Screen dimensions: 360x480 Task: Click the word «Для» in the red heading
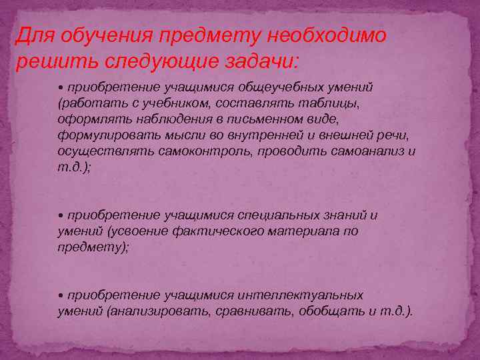(x=33, y=35)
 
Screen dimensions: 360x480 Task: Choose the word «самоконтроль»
(x=201, y=151)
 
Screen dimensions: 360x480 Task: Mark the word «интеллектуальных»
(x=300, y=295)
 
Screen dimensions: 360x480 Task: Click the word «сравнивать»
(x=255, y=311)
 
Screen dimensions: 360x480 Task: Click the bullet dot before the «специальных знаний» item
(x=61, y=216)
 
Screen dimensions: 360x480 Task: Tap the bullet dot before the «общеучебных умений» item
(x=61, y=88)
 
